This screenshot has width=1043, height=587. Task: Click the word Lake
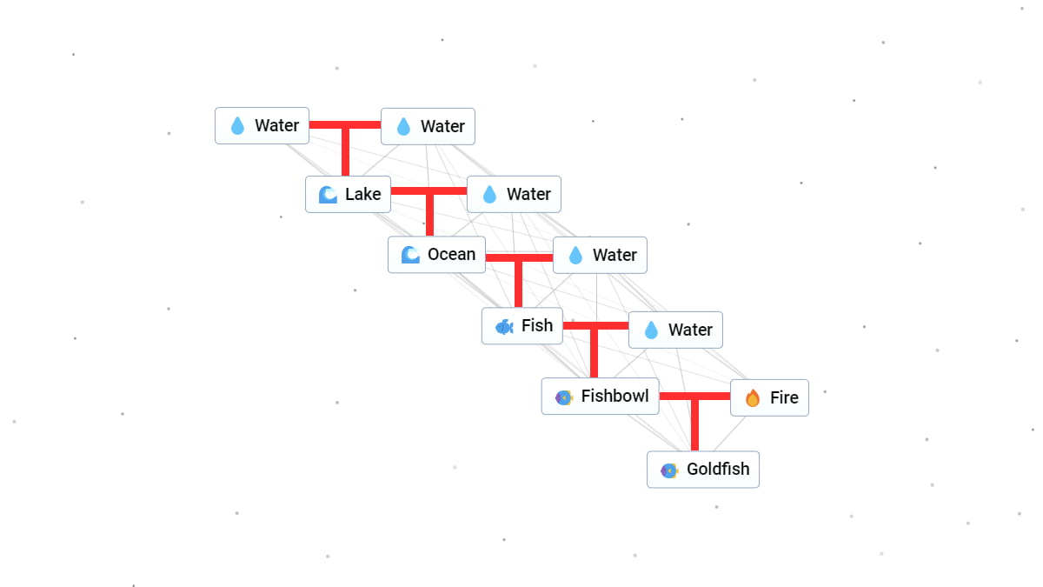tap(362, 194)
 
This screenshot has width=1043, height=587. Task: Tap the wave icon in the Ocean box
tap(410, 255)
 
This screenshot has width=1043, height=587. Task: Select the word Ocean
tap(451, 254)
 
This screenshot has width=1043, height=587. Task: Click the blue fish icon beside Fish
tap(504, 326)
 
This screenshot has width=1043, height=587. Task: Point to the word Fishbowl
tap(615, 396)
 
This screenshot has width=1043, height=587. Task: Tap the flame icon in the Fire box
tap(753, 397)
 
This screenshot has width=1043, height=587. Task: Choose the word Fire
tap(784, 397)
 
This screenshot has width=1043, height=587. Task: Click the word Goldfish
tap(718, 469)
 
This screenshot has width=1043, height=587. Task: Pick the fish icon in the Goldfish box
tap(668, 470)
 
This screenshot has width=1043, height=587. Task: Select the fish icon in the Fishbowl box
tap(563, 397)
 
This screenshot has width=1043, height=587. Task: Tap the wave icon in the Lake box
tap(328, 194)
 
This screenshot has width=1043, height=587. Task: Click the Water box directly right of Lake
tap(514, 194)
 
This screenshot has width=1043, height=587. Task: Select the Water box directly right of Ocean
tap(600, 255)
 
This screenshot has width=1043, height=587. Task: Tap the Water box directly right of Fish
tap(675, 330)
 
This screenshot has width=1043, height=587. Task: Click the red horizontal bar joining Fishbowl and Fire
tap(694, 397)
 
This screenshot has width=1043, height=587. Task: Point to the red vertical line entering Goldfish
tap(694, 426)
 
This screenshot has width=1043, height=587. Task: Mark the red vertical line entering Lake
tap(345, 152)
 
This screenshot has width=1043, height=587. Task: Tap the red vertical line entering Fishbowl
tap(595, 353)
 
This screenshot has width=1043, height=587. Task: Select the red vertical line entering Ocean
tap(429, 215)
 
